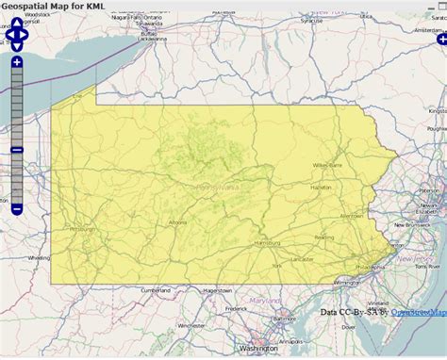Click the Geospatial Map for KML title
(53, 7)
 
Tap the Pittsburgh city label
(81, 229)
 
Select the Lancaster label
(302, 258)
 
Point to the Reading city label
(323, 237)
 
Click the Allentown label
(351, 216)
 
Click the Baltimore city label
(283, 319)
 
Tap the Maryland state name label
(265, 301)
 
